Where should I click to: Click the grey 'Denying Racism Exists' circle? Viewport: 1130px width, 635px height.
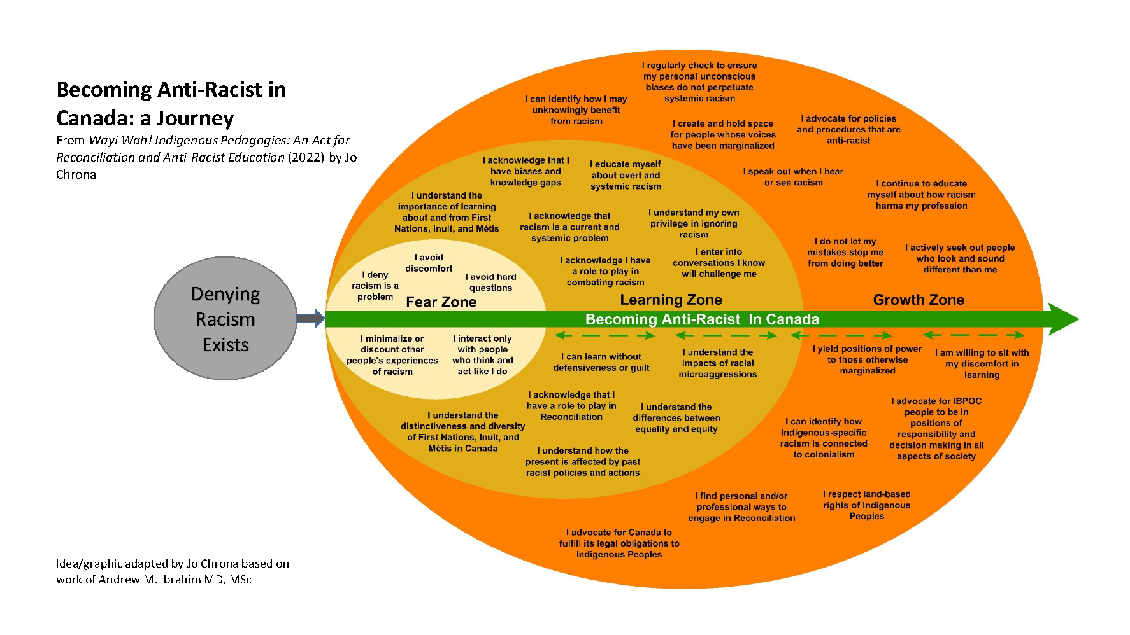point(225,319)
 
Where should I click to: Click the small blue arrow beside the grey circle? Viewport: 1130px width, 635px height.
point(310,318)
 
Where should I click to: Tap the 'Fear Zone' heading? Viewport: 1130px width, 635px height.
point(441,302)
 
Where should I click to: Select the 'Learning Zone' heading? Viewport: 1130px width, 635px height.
point(671,300)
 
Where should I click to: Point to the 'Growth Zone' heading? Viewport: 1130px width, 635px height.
point(918,300)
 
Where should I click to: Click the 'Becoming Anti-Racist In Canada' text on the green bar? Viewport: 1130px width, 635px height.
point(701,319)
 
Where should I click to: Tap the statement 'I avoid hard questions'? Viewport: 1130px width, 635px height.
point(490,282)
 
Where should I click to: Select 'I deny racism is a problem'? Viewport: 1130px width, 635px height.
point(375,286)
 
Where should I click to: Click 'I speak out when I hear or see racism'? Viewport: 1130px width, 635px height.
point(793,177)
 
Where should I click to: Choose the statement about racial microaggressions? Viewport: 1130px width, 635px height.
point(718,363)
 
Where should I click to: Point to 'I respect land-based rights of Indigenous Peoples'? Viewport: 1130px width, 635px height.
point(866,505)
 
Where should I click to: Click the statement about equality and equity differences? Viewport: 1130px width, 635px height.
point(676,418)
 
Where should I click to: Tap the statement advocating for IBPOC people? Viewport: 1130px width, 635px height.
point(936,428)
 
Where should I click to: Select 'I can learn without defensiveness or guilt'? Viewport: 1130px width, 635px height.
point(601,362)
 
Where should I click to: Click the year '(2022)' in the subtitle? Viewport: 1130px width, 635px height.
point(306,157)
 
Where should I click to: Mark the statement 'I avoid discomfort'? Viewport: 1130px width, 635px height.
point(429,263)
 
